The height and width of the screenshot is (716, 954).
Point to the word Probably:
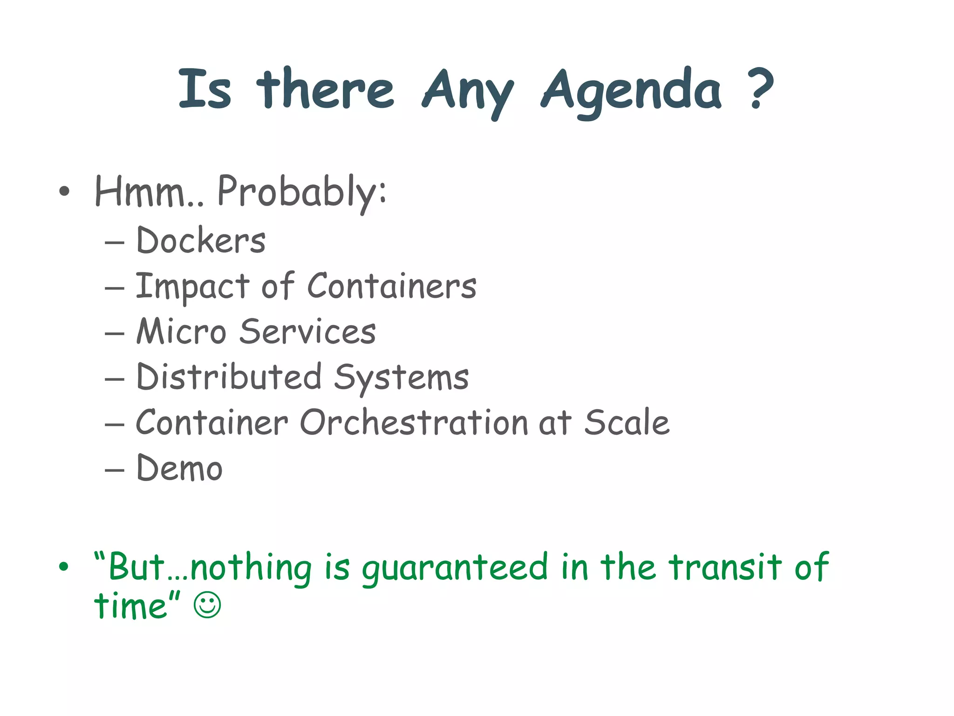click(x=302, y=192)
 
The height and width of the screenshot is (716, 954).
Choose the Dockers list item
click(x=200, y=241)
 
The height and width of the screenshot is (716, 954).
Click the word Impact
click(x=192, y=286)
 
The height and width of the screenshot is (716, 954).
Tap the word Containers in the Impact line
click(x=392, y=286)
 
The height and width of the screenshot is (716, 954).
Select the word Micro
click(x=181, y=331)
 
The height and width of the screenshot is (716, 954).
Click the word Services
click(x=307, y=331)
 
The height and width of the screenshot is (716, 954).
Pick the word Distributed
click(x=229, y=377)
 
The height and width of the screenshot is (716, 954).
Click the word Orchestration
click(x=414, y=422)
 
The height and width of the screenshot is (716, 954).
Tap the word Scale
click(x=627, y=422)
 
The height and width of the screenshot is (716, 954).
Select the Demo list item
click(x=179, y=468)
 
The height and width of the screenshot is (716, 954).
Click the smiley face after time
click(x=207, y=606)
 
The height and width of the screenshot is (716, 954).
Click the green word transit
click(x=725, y=567)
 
